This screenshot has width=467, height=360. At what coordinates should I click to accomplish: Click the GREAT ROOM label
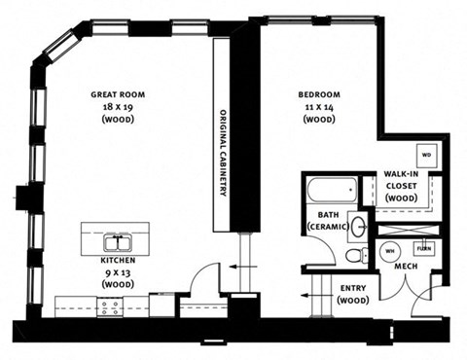coord(118,94)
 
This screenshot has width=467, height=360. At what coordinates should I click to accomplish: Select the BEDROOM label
coord(318,94)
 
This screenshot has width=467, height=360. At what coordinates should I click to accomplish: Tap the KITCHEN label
coord(118,262)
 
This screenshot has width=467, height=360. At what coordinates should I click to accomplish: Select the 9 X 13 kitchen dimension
coord(118,272)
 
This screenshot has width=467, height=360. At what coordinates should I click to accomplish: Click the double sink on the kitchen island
coord(118,242)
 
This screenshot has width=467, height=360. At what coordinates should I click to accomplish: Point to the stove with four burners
coord(111,307)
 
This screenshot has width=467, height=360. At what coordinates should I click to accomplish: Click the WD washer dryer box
coord(426,155)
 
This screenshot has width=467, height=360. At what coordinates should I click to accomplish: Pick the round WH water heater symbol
coord(389,250)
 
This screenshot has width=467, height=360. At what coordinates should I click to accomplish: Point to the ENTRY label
coord(352,288)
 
